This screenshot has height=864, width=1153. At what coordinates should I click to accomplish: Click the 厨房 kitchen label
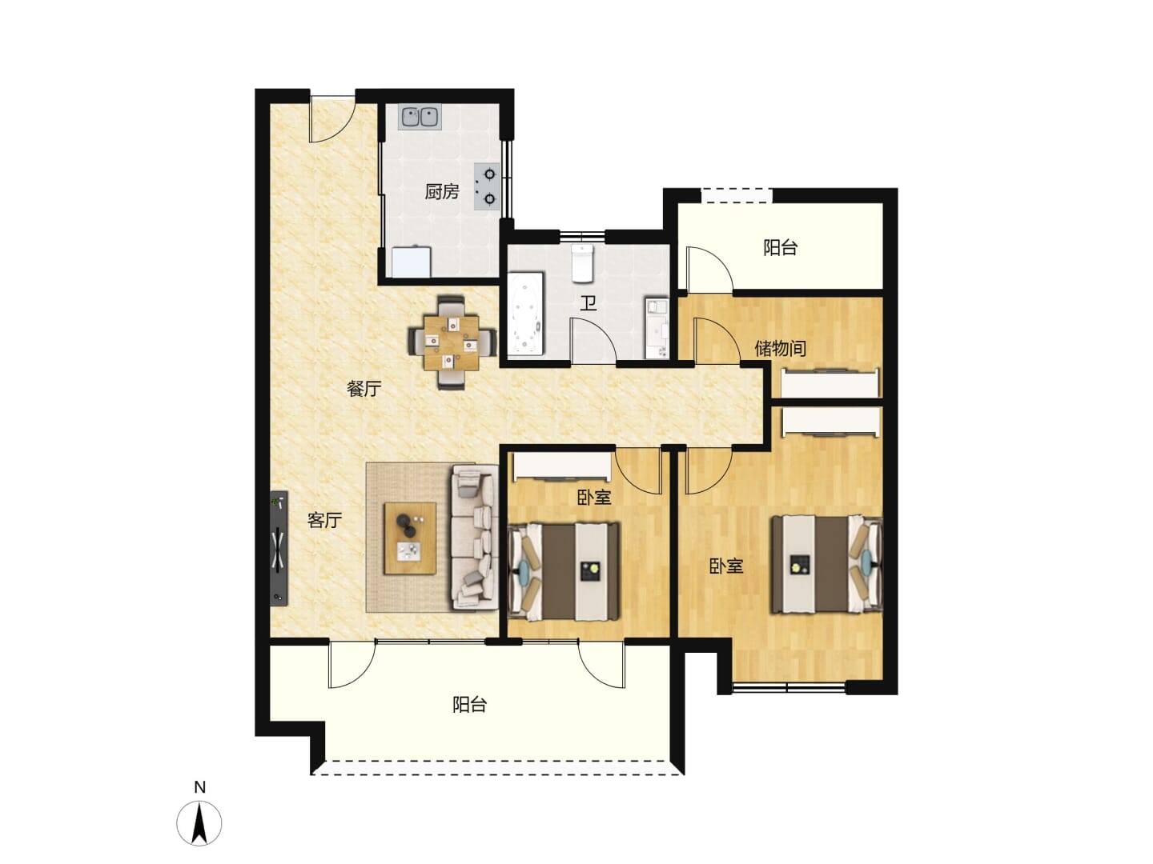pyautogui.click(x=441, y=192)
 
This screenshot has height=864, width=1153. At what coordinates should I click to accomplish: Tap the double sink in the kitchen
pyautogui.click(x=420, y=118)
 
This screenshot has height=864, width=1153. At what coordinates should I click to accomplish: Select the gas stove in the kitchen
pyautogui.click(x=486, y=186)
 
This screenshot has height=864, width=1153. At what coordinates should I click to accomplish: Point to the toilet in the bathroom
pyautogui.click(x=581, y=263)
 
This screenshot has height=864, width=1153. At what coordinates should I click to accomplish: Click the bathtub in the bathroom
pyautogui.click(x=525, y=314)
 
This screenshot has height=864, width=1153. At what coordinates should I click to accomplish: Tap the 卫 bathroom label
pyautogui.click(x=589, y=302)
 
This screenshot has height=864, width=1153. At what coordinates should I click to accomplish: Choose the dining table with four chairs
pyautogui.click(x=452, y=342)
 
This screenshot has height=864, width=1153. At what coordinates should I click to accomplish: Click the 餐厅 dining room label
pyautogui.click(x=364, y=389)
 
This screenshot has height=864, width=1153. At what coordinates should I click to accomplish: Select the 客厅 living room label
pyautogui.click(x=324, y=520)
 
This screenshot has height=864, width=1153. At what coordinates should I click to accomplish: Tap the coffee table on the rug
pyautogui.click(x=410, y=538)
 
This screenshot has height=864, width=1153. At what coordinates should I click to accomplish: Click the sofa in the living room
pyautogui.click(x=474, y=537)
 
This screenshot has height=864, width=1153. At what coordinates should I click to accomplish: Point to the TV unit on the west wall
pyautogui.click(x=279, y=549)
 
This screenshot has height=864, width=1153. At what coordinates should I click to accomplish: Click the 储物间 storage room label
pyautogui.click(x=780, y=348)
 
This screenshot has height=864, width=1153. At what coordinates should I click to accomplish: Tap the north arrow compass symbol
pyautogui.click(x=199, y=823)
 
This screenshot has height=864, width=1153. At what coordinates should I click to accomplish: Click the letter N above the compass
pyautogui.click(x=199, y=787)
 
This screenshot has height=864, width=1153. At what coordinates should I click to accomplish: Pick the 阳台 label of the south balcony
pyautogui.click(x=469, y=705)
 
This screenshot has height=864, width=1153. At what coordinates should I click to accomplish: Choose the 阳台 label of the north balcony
pyautogui.click(x=780, y=248)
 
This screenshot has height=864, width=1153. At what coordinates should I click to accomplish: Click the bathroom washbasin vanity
pyautogui.click(x=657, y=328)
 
